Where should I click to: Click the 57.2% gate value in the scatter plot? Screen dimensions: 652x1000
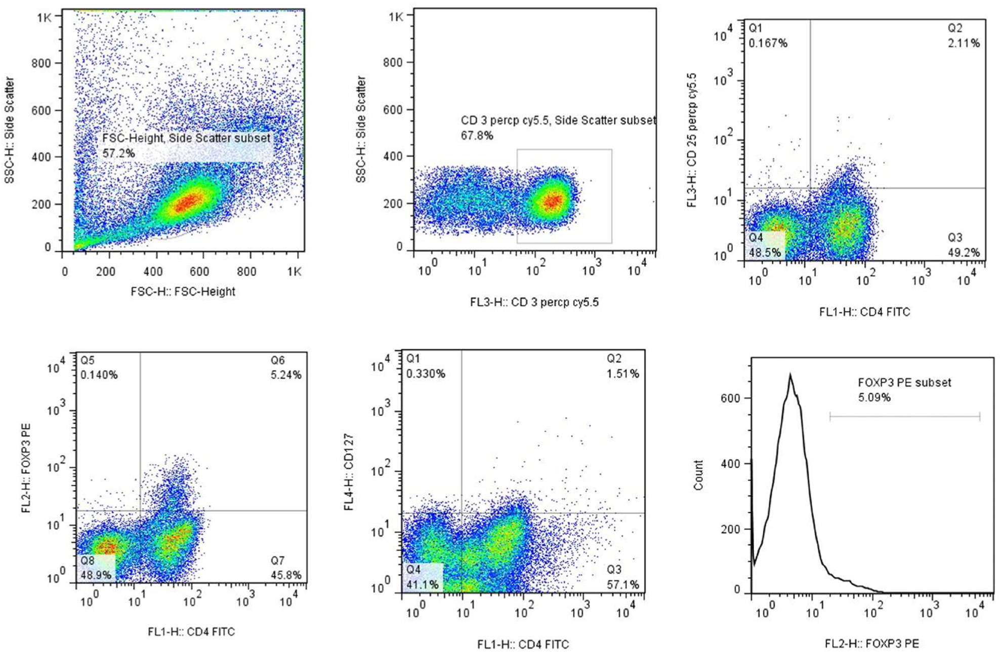[118, 153]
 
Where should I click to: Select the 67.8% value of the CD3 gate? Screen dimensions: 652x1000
[477, 136]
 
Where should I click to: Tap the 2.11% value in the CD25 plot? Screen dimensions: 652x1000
[964, 43]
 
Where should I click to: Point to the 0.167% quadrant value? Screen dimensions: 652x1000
[768, 43]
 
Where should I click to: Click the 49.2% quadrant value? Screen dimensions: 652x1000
[964, 252]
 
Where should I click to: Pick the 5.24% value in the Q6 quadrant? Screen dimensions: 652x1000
[286, 375]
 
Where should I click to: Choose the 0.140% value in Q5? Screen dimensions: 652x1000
[99, 375]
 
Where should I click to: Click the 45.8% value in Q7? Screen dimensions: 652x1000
[286, 575]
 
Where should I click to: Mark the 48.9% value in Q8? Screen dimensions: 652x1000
[96, 575]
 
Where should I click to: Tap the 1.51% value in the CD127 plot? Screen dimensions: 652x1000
[623, 374]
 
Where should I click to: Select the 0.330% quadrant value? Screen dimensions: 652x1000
[426, 374]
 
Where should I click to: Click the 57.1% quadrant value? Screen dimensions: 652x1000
[623, 585]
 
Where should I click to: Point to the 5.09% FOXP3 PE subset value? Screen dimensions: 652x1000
[874, 397]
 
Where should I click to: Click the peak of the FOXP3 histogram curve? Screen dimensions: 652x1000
[790, 375]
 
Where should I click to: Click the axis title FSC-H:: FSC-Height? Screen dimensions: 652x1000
[183, 292]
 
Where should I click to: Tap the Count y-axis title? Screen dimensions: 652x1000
[699, 475]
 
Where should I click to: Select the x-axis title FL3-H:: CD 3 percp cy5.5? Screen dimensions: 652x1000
[534, 302]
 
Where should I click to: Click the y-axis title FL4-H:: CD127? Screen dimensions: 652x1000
[349, 471]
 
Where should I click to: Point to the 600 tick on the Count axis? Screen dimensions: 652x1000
[730, 398]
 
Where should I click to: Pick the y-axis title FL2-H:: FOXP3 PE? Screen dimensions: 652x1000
[26, 468]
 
